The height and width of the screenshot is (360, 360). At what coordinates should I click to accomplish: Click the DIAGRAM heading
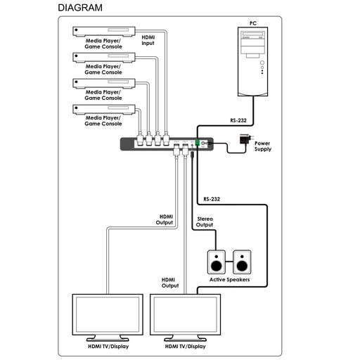[80, 8]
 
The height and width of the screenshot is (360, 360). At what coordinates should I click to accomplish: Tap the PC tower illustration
[253, 62]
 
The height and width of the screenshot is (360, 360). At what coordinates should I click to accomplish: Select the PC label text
[253, 23]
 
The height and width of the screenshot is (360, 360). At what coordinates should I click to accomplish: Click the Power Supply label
[263, 146]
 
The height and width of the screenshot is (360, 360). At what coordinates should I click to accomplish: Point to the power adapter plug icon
[246, 139]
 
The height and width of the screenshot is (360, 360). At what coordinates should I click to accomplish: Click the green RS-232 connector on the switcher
[198, 142]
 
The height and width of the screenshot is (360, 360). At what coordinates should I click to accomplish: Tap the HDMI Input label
[148, 40]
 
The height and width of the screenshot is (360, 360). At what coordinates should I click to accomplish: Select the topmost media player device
[104, 32]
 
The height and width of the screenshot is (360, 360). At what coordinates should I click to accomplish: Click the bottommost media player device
[104, 110]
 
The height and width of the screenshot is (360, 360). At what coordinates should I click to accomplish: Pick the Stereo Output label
[205, 221]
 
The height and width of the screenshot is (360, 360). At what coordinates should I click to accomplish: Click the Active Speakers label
[229, 280]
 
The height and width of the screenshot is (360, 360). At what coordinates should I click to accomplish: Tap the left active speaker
[217, 262]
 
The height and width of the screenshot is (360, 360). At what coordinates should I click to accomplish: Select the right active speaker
[242, 262]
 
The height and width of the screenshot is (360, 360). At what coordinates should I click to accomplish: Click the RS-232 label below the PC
[238, 120]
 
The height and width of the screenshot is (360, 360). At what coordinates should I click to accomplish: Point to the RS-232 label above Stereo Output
[212, 199]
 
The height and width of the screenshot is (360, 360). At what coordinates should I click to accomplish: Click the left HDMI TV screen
[108, 314]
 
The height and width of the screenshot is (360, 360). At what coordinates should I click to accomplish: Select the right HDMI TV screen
[185, 314]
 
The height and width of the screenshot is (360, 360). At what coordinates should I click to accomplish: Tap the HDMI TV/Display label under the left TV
[108, 347]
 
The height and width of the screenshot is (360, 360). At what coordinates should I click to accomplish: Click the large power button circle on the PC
[262, 63]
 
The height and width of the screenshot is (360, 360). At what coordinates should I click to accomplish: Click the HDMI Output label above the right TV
[170, 283]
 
